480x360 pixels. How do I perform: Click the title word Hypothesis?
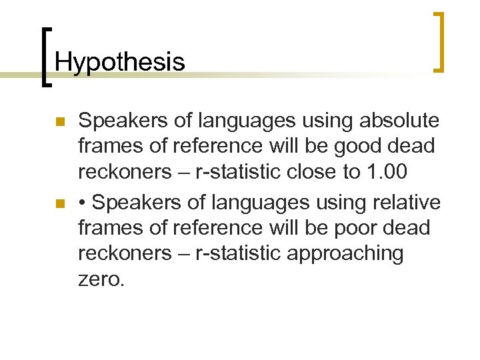pos(120,62)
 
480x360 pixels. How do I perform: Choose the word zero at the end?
pos(101,279)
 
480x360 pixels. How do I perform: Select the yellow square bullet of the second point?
pos(59,203)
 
